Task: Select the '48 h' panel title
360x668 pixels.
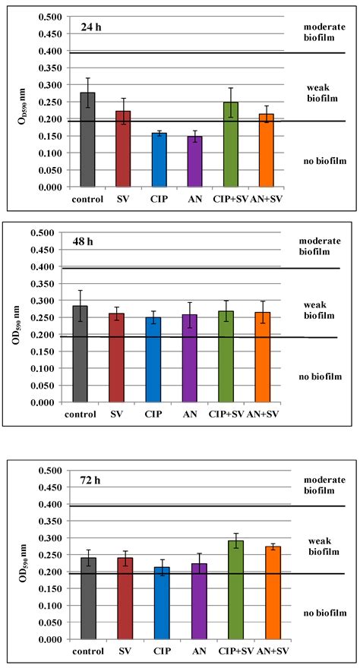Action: coord(93,244)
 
